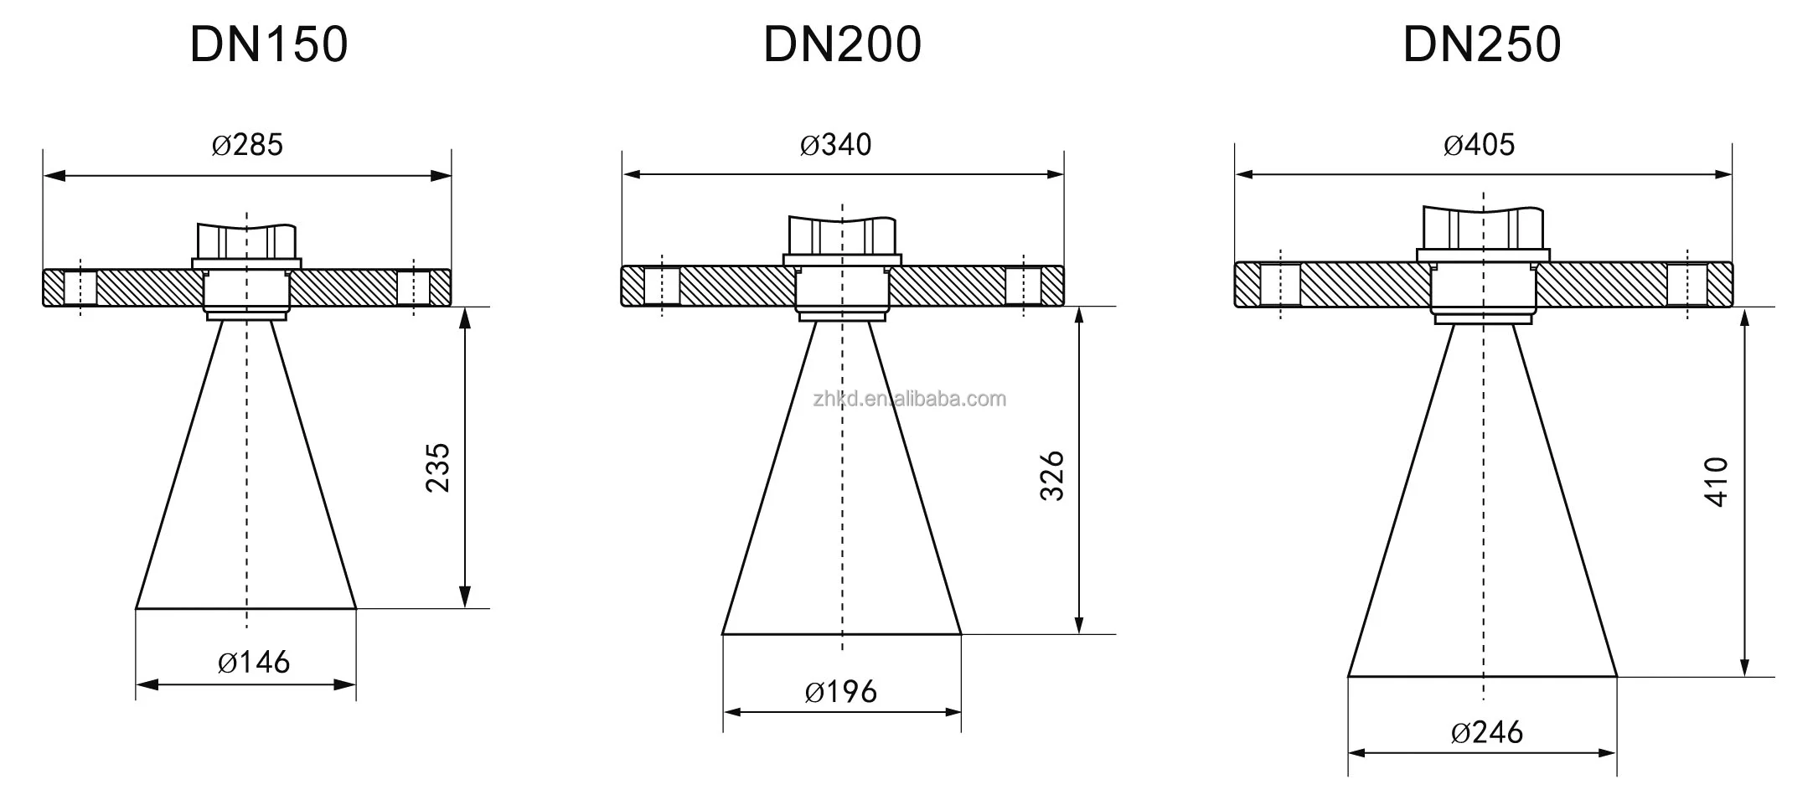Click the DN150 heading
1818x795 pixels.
(x=268, y=44)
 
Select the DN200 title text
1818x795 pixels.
(x=842, y=44)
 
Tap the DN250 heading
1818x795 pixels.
(x=1482, y=44)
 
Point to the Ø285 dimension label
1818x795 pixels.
(x=247, y=145)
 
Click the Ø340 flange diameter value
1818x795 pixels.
(x=835, y=145)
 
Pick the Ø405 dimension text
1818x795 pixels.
(x=1479, y=145)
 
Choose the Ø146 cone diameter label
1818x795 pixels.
(x=254, y=663)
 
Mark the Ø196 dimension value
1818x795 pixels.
(x=841, y=692)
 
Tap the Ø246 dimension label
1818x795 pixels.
(x=1487, y=733)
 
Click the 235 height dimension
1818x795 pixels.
(x=438, y=467)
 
